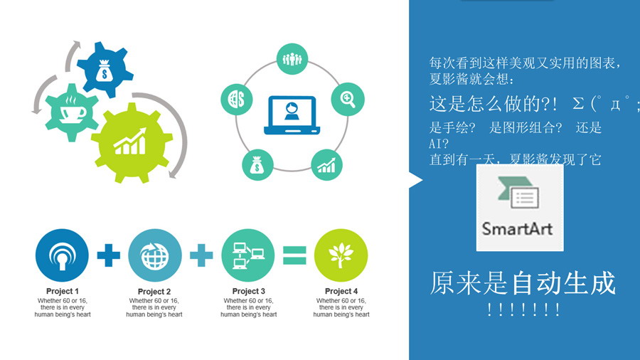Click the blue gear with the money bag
click(x=105, y=70)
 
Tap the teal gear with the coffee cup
click(x=72, y=112)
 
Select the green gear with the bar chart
click(x=132, y=142)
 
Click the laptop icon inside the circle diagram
click(x=292, y=115)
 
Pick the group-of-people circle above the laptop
click(x=292, y=59)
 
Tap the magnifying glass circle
click(x=348, y=99)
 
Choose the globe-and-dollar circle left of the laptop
click(x=237, y=99)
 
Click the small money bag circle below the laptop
click(x=257, y=165)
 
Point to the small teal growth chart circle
click(x=326, y=165)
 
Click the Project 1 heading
click(x=63, y=291)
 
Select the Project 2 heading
click(x=154, y=292)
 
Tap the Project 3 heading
click(x=249, y=291)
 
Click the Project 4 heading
click(x=341, y=291)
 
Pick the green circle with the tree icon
click(x=341, y=255)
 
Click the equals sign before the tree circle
click(x=294, y=255)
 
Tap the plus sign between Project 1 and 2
click(x=109, y=255)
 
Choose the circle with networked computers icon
click(x=248, y=255)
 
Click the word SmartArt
click(x=517, y=228)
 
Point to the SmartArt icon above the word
click(x=518, y=192)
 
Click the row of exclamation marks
click(x=523, y=309)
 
